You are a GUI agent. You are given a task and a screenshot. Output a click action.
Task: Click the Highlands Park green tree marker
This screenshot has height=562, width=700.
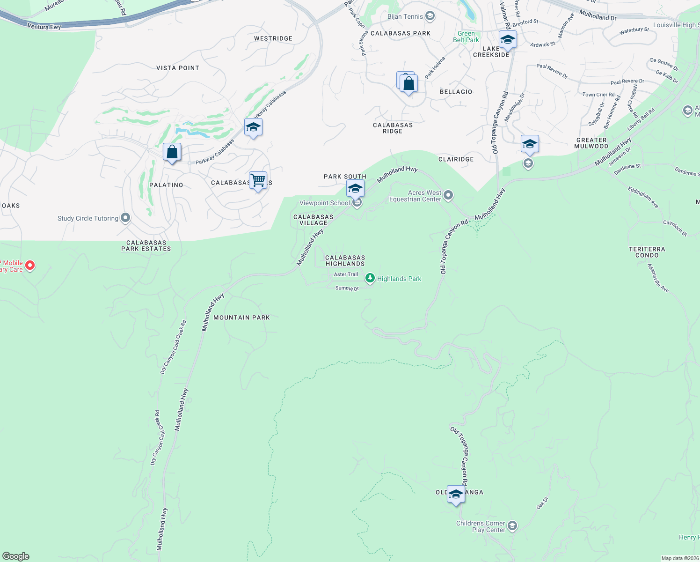370,279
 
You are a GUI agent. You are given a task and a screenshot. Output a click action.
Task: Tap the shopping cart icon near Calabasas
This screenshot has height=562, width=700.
258,180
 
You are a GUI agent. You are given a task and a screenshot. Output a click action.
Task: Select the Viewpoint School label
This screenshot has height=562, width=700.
325,203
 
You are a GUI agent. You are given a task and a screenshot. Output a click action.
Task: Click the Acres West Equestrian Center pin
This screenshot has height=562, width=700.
448,195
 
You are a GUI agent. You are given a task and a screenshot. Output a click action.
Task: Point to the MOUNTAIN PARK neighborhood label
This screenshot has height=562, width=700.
241,318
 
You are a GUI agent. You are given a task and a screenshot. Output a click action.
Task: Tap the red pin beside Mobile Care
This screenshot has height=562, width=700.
30,266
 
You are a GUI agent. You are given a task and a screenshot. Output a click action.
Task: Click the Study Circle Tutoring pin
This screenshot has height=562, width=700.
125,218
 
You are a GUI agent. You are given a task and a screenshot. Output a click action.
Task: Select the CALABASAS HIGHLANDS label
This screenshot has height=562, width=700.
345,261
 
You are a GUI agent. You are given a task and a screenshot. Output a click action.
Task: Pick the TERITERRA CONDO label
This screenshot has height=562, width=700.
647,252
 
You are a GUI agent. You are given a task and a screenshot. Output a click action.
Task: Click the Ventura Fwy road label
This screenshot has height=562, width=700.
44,27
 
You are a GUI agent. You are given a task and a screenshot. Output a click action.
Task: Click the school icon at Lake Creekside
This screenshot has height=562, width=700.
508,40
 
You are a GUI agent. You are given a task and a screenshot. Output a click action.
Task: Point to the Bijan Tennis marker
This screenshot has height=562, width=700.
430,16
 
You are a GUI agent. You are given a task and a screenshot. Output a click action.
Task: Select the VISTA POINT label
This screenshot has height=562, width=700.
178,68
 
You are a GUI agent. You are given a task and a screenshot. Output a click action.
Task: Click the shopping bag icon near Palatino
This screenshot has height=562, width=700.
172,152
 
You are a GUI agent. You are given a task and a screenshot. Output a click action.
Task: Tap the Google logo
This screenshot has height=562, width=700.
16,556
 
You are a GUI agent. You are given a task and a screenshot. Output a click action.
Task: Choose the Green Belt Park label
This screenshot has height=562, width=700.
466,37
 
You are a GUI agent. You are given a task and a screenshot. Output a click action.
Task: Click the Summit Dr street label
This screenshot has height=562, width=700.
347,288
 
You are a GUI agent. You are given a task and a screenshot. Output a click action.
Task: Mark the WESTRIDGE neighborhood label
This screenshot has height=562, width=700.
273,38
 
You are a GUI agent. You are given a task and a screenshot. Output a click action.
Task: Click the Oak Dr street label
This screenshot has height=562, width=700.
542,503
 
